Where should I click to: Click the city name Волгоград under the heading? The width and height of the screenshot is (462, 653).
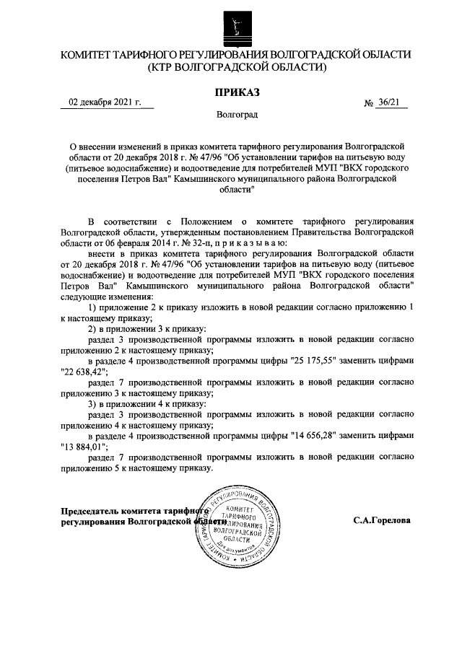coord(236,115)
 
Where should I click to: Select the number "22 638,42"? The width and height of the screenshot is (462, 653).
coord(84,372)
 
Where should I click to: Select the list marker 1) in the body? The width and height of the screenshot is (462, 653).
coord(92,308)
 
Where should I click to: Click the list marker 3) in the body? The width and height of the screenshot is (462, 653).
coord(92,404)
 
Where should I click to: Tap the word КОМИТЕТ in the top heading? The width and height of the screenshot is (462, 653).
coord(88,55)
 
